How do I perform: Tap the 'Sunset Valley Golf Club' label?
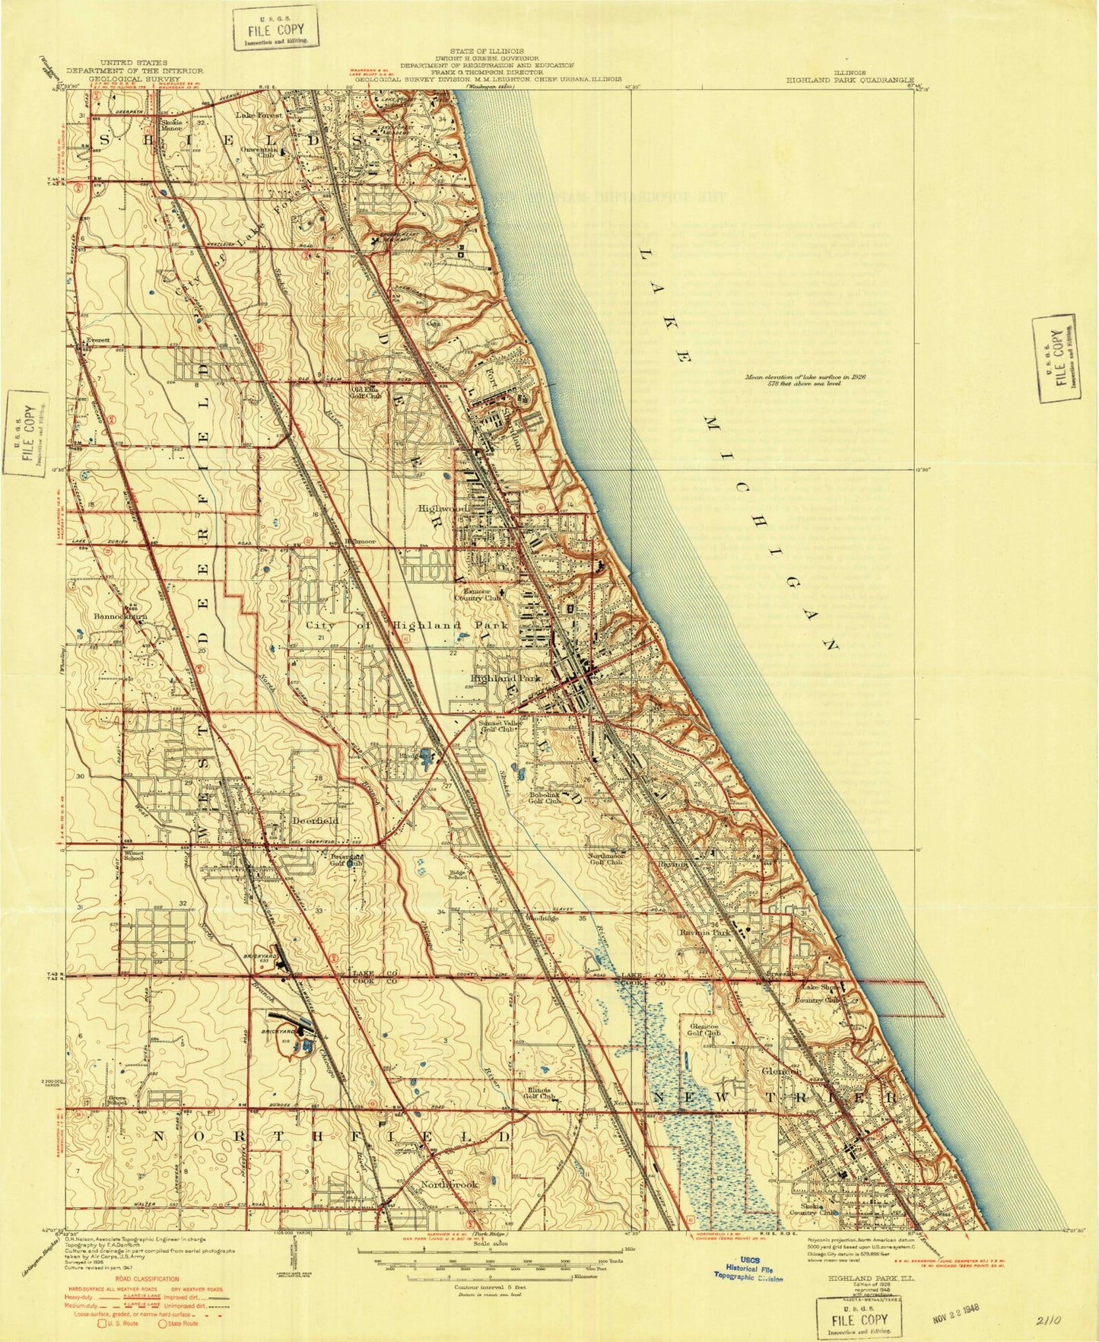(498, 725)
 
